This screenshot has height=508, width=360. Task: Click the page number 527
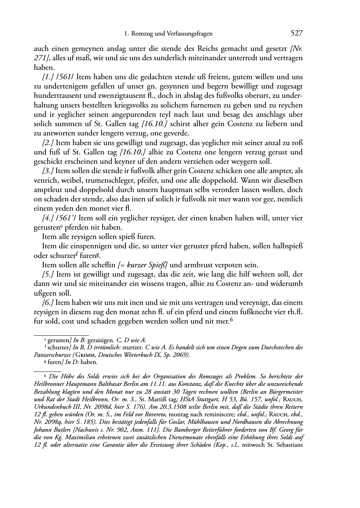(x=296, y=34)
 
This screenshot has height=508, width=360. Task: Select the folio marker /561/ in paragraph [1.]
(x=65, y=77)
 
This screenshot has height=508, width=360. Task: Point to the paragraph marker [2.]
(x=48, y=143)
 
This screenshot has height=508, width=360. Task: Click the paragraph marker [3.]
(x=48, y=171)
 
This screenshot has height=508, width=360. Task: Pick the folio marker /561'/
(x=66, y=218)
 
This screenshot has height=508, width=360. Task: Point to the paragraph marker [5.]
(x=48, y=274)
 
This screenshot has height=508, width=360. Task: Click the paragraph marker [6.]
(x=48, y=302)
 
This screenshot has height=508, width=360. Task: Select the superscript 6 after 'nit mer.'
(x=232, y=320)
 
